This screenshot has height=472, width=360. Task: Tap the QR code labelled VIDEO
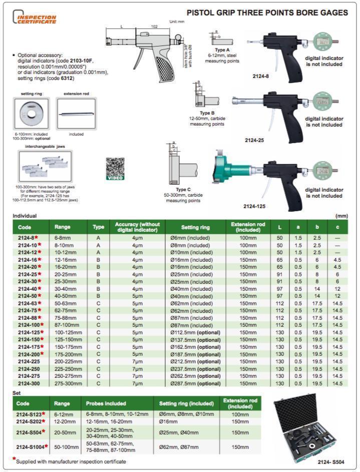click(x=115, y=168)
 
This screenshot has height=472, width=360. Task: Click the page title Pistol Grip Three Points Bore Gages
click(x=267, y=13)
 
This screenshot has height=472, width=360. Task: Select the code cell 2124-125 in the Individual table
click(x=31, y=332)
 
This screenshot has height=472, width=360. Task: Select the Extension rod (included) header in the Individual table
click(x=248, y=227)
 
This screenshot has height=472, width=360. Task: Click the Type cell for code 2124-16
click(x=98, y=260)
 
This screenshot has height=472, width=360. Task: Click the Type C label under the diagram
click(x=181, y=190)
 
